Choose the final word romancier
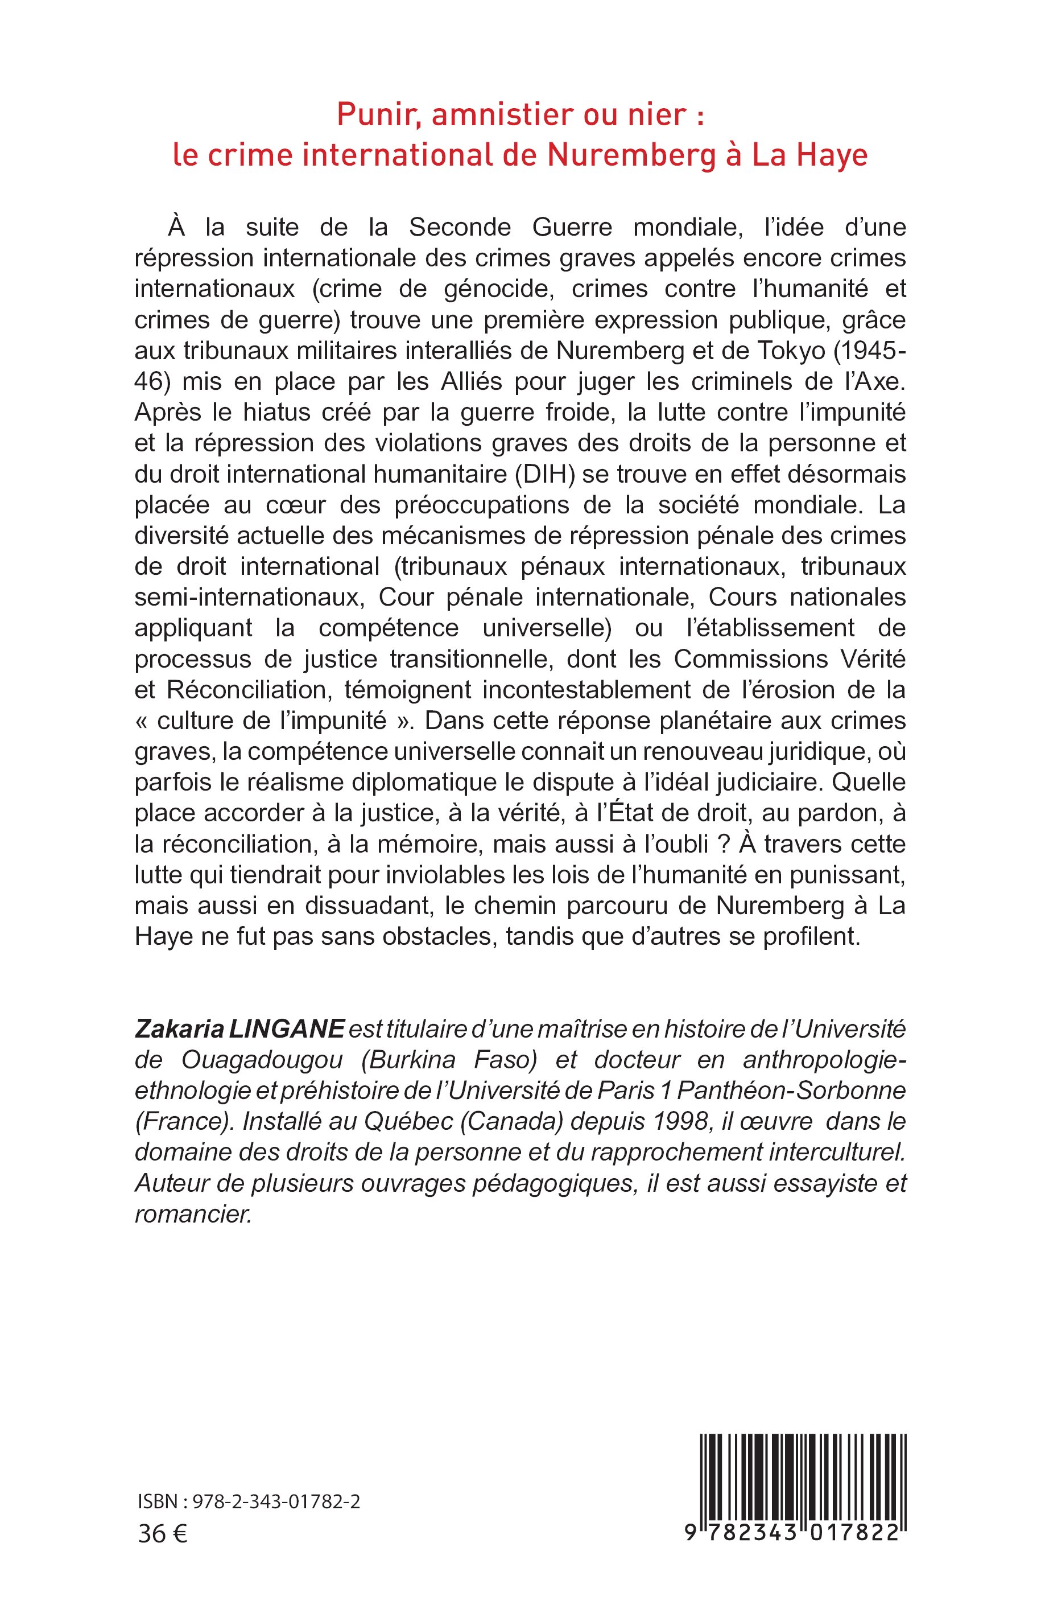(x=193, y=1215)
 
